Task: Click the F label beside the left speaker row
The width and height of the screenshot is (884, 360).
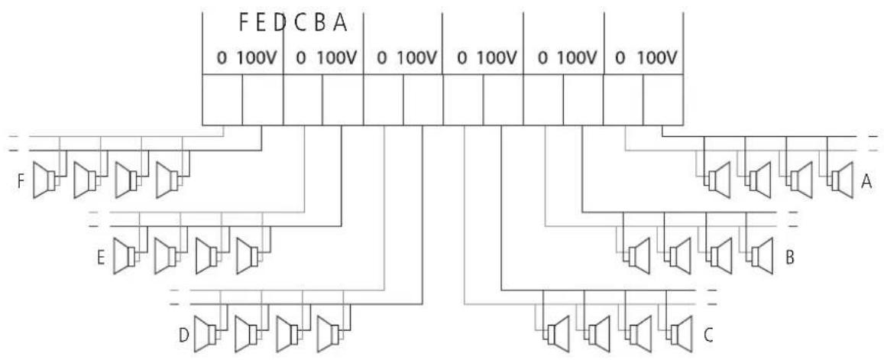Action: click(21, 182)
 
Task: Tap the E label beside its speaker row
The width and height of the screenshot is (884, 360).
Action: click(101, 258)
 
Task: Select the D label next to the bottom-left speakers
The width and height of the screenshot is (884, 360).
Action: click(183, 336)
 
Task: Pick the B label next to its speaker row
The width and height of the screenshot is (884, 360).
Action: click(791, 258)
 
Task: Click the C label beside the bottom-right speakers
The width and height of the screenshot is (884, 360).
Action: click(708, 336)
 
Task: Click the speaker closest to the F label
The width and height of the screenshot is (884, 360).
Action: click(44, 180)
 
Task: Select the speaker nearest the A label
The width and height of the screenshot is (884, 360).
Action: click(840, 180)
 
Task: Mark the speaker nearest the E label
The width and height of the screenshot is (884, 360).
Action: click(126, 256)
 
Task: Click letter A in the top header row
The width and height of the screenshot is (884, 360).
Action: click(339, 23)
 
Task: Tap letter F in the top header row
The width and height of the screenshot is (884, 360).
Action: click(244, 23)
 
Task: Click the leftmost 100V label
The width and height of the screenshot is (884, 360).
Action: click(256, 58)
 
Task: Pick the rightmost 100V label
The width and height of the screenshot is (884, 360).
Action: click(657, 58)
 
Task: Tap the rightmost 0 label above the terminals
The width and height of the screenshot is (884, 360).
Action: click(620, 58)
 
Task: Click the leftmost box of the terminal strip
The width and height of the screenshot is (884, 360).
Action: click(222, 99)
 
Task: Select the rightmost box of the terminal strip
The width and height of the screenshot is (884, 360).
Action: click(663, 99)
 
